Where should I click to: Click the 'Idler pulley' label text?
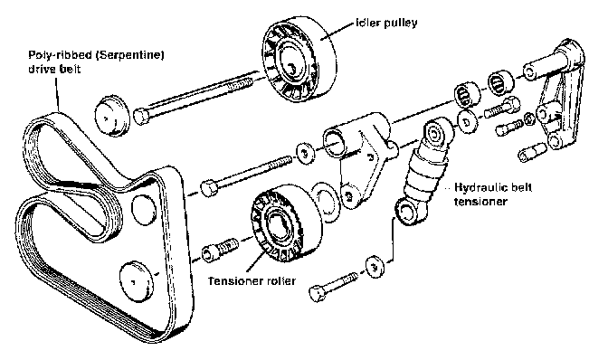(x=386, y=24)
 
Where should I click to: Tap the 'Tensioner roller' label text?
(x=252, y=280)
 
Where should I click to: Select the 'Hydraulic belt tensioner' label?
(x=493, y=194)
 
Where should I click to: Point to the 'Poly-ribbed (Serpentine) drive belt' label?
(x=96, y=62)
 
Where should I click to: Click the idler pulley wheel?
(x=299, y=60)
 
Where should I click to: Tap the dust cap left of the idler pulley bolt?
(x=111, y=115)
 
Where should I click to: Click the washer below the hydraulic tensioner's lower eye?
(x=375, y=267)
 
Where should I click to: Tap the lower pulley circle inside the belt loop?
(x=136, y=281)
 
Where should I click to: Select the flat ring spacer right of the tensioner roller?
(x=325, y=202)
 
